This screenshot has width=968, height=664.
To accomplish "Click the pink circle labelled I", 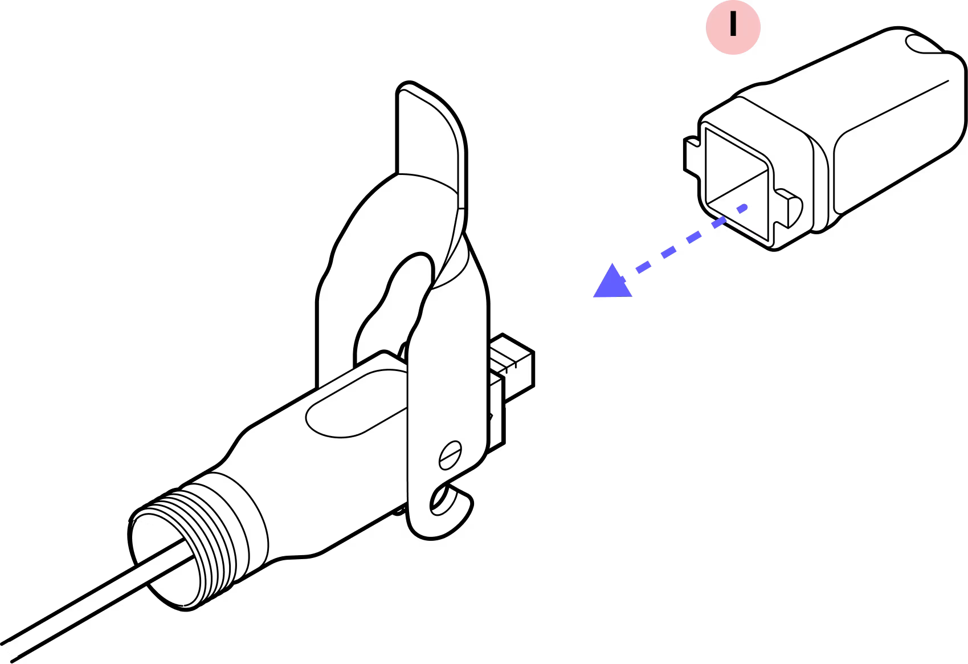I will (x=733, y=27).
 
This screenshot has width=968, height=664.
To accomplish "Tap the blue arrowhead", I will (x=611, y=283).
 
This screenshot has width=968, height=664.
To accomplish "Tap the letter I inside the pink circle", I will (x=733, y=27).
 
